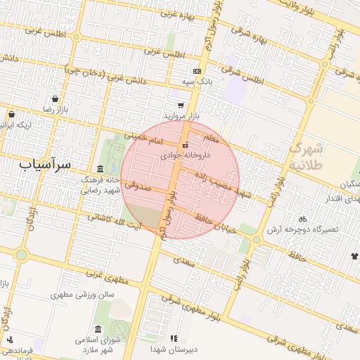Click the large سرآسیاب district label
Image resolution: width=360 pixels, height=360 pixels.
(45, 165)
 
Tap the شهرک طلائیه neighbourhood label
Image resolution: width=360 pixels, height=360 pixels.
(307, 155)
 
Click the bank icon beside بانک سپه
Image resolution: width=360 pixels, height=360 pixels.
(197, 71)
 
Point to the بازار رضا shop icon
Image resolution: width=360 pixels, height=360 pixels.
(55, 99)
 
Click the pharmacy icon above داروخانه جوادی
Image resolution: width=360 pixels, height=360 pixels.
(186, 145)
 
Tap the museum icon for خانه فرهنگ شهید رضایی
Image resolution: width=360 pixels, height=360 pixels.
(100, 169)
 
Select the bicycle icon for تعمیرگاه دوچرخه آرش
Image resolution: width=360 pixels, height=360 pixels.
(302, 219)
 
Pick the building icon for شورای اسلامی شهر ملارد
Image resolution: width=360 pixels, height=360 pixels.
(97, 330)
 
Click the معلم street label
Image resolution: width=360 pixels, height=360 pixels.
(210, 140)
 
